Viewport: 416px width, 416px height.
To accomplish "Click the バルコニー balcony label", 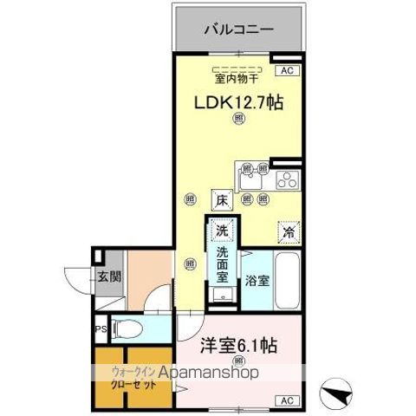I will [x=238, y=29].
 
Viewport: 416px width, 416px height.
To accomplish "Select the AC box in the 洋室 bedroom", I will [x=287, y=400].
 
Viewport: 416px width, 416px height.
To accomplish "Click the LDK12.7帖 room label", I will [x=238, y=102].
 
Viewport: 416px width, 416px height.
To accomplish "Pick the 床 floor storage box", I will [x=221, y=199].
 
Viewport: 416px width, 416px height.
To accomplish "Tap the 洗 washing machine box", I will [x=221, y=231].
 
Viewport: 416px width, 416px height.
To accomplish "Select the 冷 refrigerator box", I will [x=286, y=232].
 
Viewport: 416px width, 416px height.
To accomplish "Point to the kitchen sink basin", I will [x=250, y=179].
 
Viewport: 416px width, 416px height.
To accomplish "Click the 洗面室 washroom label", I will [x=222, y=264].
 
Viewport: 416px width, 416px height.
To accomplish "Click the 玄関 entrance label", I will [x=108, y=277].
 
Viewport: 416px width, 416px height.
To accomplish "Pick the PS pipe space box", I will [x=101, y=329].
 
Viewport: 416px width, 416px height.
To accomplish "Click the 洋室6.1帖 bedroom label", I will [x=239, y=345].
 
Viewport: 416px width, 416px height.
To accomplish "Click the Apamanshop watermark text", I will [x=204, y=374].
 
